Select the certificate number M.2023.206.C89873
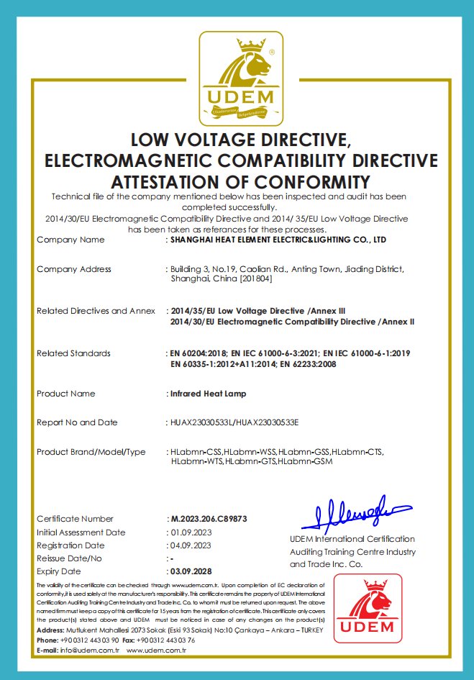tap(208, 519)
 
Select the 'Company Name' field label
tap(70, 240)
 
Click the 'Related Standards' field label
tap(73, 353)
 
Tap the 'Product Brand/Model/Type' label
tap(91, 452)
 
